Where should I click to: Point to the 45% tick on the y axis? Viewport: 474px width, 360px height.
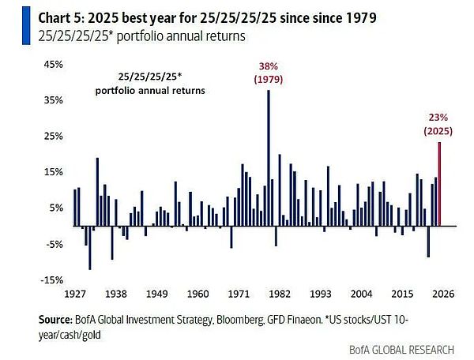click(52, 65)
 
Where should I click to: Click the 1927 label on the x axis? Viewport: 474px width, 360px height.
click(75, 294)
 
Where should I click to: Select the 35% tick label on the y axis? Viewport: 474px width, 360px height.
click(52, 101)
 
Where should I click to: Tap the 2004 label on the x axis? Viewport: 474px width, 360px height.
click(361, 294)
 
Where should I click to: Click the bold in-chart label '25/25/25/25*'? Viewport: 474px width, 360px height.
click(149, 77)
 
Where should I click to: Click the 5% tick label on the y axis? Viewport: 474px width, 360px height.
click(55, 208)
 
